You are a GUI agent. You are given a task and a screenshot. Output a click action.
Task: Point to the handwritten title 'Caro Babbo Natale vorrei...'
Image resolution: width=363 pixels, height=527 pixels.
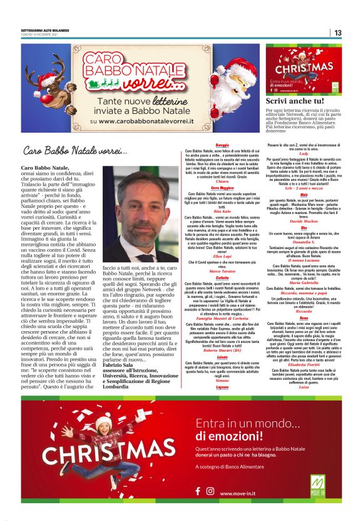click(x=74, y=151)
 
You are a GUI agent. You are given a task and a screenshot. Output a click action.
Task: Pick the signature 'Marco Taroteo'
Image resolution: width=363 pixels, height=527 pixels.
click(x=222, y=270)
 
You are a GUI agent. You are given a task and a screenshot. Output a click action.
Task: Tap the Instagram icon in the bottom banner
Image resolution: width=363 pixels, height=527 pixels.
click(x=210, y=492)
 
